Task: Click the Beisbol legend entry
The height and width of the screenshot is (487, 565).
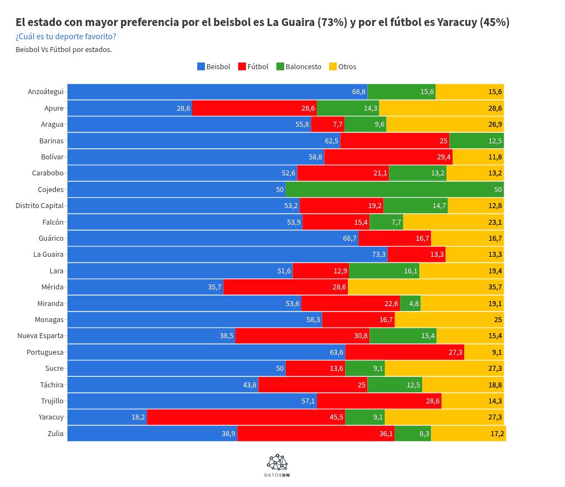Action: click(x=214, y=66)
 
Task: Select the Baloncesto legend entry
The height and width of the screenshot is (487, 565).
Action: click(x=299, y=66)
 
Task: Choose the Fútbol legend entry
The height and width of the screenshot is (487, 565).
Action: click(x=253, y=66)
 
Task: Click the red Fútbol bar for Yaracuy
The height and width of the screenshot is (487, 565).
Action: click(x=246, y=417)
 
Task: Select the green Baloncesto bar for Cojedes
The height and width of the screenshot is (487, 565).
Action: click(x=394, y=189)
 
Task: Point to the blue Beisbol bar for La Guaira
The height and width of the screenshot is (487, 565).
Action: click(x=227, y=255)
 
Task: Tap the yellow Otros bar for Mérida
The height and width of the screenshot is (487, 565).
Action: click(x=426, y=287)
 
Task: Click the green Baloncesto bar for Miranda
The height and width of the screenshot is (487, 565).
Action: click(x=410, y=303)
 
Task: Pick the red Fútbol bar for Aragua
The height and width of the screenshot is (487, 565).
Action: click(x=327, y=125)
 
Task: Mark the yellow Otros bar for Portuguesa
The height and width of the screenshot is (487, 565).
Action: click(x=484, y=352)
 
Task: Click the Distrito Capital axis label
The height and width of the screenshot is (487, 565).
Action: click(x=40, y=206)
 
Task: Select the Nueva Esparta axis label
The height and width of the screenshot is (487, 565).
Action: click(x=40, y=336)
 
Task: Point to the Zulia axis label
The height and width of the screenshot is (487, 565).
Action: click(x=56, y=434)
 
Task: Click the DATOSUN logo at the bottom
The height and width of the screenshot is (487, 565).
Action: click(x=278, y=465)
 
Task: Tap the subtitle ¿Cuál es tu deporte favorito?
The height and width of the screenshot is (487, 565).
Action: click(x=66, y=37)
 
